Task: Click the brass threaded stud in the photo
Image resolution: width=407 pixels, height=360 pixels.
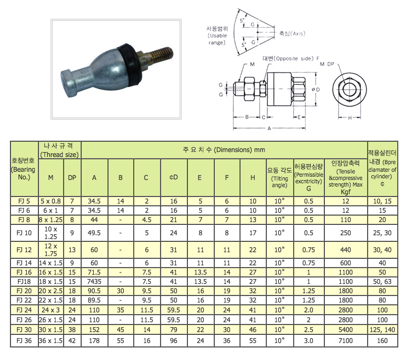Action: [158, 57]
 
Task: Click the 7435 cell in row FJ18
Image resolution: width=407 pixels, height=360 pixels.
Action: [94, 282]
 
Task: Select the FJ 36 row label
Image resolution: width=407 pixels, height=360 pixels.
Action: [24, 341]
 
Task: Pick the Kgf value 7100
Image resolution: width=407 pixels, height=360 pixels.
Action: [346, 341]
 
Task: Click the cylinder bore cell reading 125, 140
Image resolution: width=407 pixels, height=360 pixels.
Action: [382, 330]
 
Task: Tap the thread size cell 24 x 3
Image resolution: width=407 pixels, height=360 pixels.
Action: [50, 310]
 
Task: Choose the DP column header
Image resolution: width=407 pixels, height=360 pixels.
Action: [72, 178]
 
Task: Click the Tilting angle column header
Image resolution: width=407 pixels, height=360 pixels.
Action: [279, 178]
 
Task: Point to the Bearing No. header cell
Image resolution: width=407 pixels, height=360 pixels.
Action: [24, 169]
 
